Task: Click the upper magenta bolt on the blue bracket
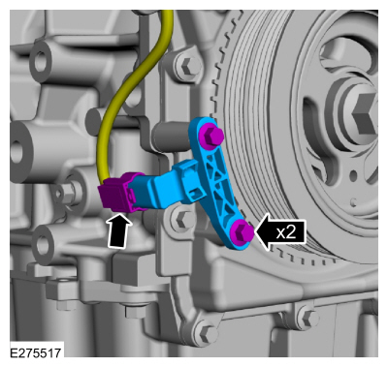[x=210, y=135]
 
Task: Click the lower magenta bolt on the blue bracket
[x=242, y=232]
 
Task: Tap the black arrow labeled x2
[x=280, y=231]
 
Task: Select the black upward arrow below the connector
[x=119, y=230]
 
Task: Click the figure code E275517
[x=36, y=352]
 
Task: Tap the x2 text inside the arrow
[x=286, y=232]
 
